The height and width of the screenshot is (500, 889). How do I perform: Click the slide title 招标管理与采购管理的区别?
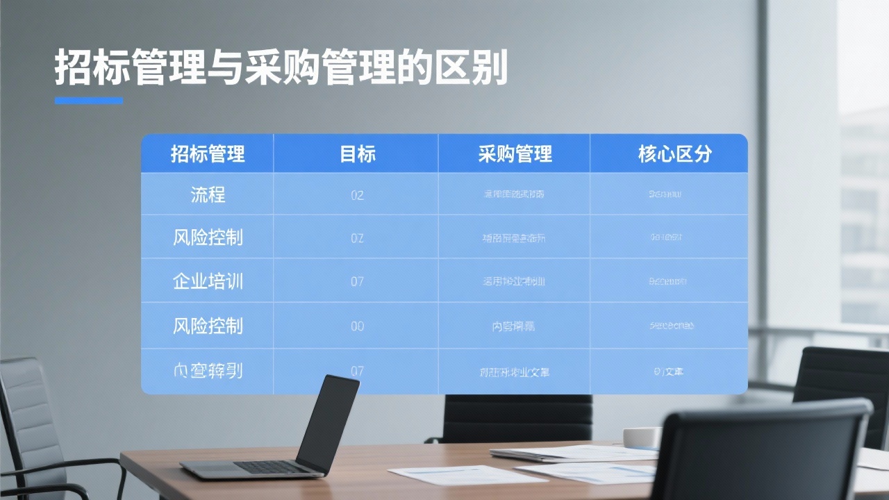click(281, 67)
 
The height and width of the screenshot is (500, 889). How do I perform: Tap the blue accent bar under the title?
click(89, 101)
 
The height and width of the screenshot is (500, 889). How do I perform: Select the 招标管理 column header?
click(208, 153)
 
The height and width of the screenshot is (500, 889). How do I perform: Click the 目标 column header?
click(357, 153)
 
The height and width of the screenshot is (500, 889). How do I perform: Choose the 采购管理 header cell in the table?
click(515, 153)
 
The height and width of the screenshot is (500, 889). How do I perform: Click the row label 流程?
click(208, 194)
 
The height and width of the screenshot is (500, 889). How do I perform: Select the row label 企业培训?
click(208, 281)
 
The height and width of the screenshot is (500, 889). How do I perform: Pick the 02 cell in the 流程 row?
click(357, 195)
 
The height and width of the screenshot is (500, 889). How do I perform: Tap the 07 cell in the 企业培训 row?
click(357, 282)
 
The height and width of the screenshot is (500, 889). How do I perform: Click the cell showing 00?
click(357, 326)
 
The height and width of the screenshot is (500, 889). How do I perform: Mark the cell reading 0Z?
click(357, 238)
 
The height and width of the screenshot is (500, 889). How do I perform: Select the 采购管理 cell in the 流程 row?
click(514, 194)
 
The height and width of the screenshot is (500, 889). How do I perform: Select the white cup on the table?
click(641, 438)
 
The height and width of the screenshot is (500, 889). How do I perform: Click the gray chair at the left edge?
click(28, 417)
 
